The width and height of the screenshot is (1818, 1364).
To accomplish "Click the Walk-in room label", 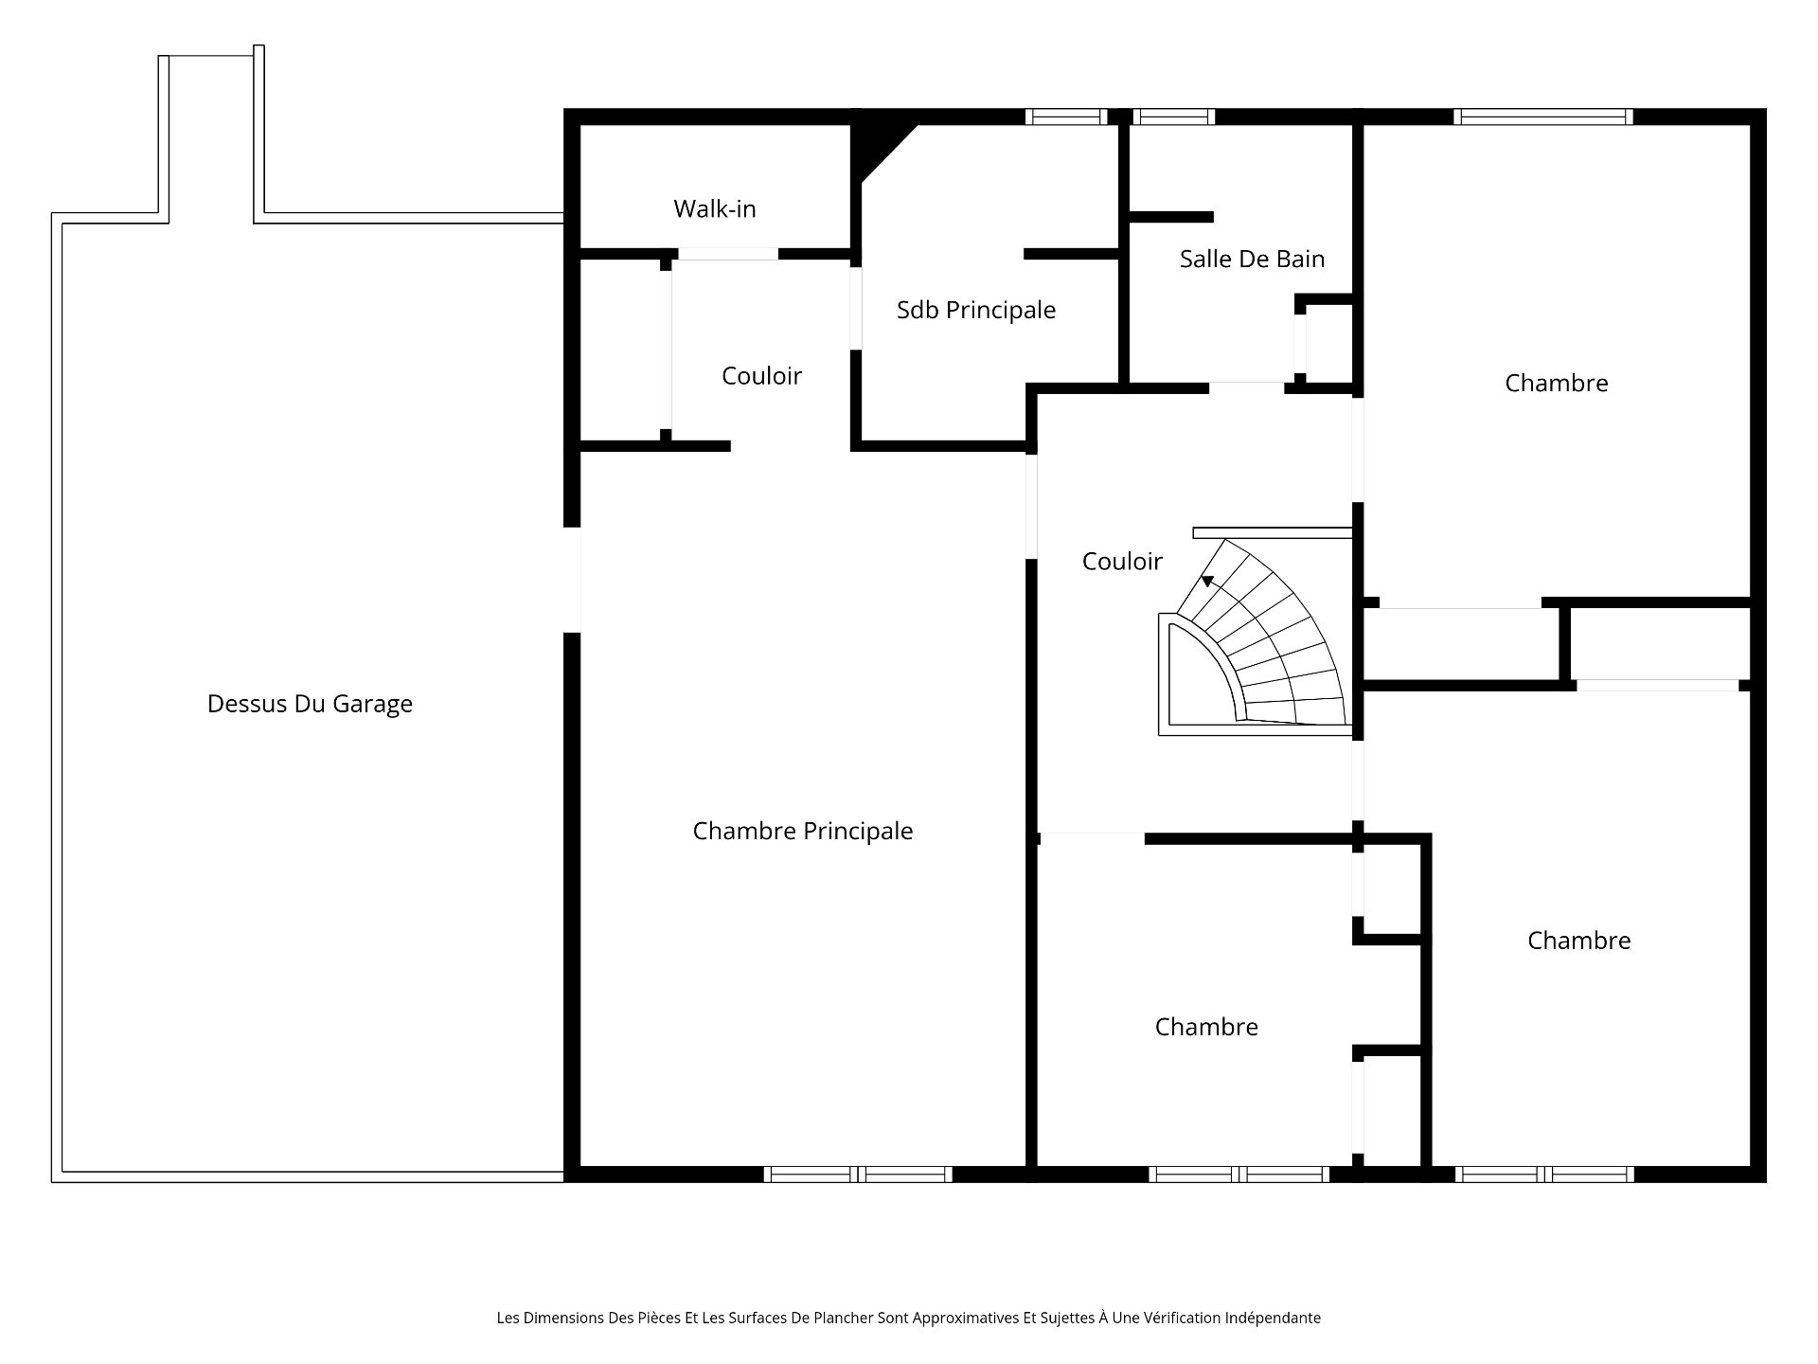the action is (x=715, y=208).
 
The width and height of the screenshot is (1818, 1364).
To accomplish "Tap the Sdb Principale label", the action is (x=976, y=310).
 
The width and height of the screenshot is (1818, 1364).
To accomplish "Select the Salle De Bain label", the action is (x=1252, y=259).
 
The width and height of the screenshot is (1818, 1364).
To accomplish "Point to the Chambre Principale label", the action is (x=803, y=831).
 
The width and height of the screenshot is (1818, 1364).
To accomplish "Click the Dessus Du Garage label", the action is (x=310, y=704).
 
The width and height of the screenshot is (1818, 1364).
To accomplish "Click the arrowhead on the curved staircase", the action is (x=1207, y=581).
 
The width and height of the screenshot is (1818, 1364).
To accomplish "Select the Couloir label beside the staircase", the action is (x=1122, y=562).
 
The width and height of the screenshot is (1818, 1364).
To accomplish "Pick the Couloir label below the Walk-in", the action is (x=761, y=376).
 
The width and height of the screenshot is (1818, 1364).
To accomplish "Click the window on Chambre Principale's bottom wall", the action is (x=858, y=1175).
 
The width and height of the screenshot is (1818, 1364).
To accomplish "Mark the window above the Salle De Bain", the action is (x=1174, y=117).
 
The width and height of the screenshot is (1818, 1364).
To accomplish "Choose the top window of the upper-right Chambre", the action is (x=1543, y=117).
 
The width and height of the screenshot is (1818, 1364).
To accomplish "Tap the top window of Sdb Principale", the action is (x=1066, y=117).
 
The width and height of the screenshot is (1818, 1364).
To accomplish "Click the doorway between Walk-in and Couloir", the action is (x=728, y=254).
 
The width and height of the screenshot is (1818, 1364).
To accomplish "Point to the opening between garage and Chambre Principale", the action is (x=572, y=580).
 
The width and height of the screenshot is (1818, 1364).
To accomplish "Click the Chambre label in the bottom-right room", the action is (x=1578, y=941).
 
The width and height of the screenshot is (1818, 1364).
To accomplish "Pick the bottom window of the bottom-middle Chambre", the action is (x=1239, y=1175).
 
